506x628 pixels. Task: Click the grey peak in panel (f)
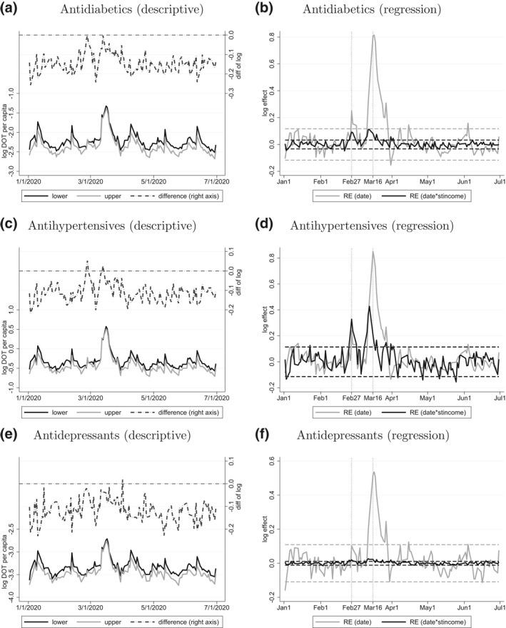pos(373,472)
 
